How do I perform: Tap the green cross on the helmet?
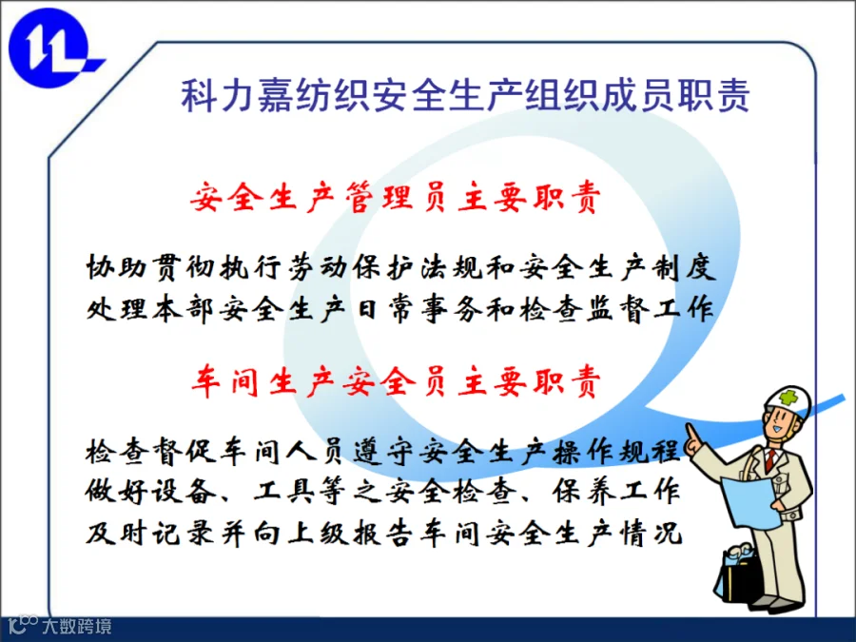(788, 398)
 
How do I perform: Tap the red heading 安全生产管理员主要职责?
(396, 197)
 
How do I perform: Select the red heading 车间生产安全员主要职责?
(396, 380)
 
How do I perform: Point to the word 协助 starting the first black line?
(116, 267)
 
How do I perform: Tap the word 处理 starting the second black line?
(116, 308)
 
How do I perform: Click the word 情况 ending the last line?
(651, 533)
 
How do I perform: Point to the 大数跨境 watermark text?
(77, 626)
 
